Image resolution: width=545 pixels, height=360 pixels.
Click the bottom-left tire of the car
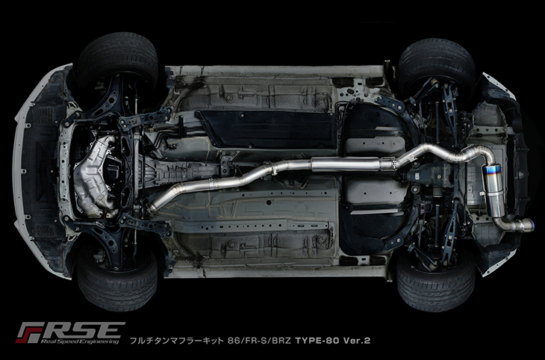[x=117, y=279]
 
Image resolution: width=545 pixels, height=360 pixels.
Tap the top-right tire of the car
[x=437, y=65]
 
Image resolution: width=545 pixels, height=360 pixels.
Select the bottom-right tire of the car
[x=435, y=282]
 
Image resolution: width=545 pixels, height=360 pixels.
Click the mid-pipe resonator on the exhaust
[x=345, y=164]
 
